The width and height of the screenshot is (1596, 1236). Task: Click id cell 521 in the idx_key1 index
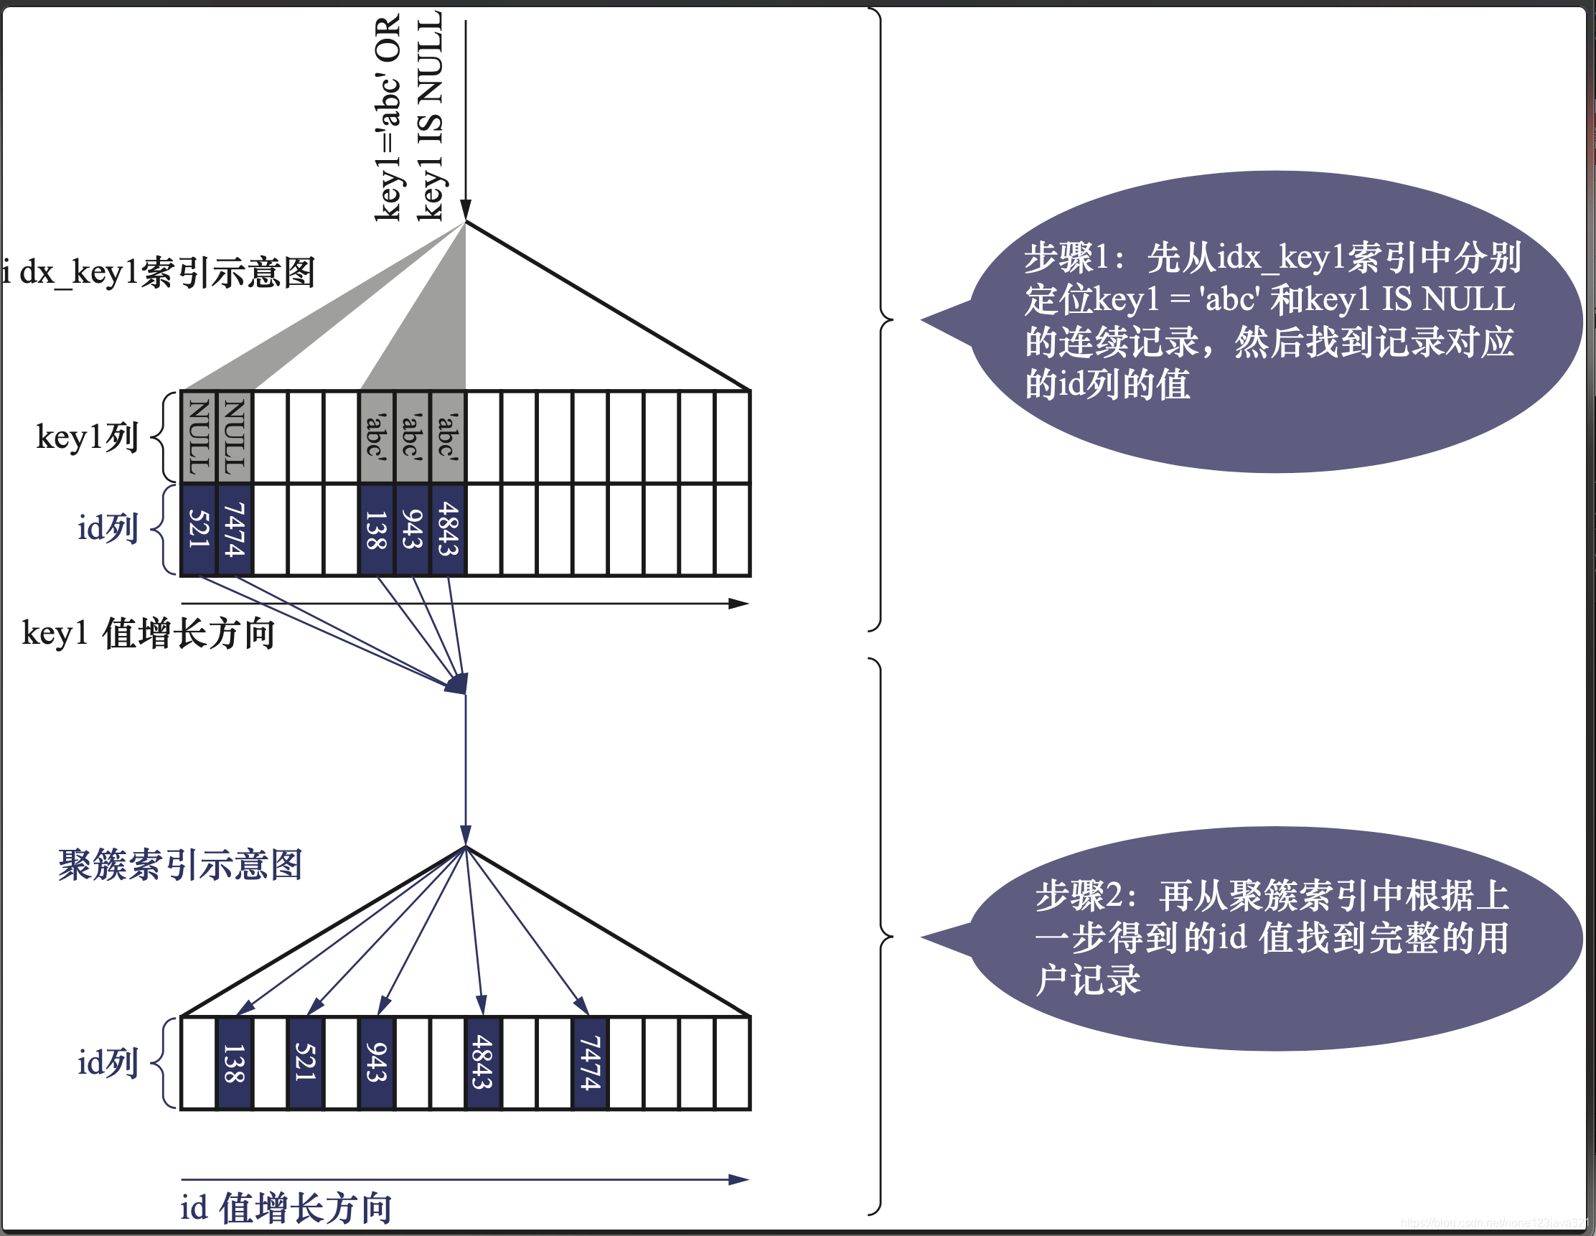[199, 529]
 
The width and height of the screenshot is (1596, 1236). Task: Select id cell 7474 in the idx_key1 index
[235, 529]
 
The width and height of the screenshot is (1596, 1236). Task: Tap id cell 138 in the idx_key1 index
[377, 529]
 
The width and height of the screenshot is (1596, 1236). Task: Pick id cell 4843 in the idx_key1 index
[448, 529]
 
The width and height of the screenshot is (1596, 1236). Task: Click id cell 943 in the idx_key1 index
[413, 529]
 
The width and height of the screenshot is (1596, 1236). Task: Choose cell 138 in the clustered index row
[235, 1063]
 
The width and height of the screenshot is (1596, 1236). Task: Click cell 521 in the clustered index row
[306, 1063]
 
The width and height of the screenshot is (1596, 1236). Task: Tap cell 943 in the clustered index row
[377, 1063]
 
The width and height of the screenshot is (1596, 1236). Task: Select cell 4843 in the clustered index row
[483, 1063]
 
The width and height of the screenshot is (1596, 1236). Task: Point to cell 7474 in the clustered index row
[591, 1063]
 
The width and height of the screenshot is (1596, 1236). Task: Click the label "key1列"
[87, 437]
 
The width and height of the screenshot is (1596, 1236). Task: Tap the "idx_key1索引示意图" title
[158, 273]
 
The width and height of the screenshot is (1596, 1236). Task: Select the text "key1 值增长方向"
[149, 633]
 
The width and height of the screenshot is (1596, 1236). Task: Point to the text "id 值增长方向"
[286, 1207]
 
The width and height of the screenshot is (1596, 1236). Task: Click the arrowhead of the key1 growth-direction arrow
[740, 604]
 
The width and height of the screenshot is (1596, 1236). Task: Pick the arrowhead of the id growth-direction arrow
[740, 1180]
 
